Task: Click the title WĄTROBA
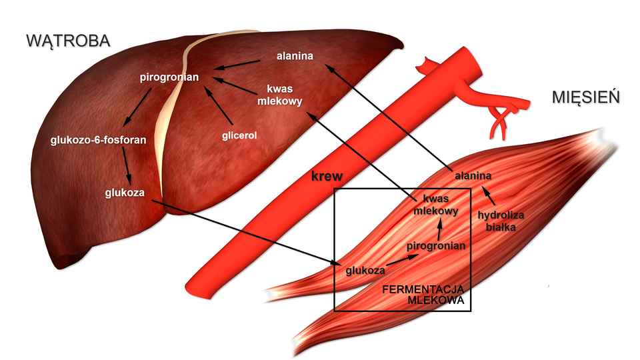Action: coord(67,40)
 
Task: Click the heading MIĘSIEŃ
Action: coord(586,97)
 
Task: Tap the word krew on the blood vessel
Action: coord(327,177)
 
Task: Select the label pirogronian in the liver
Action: coord(169,77)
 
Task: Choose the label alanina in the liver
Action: coord(295,56)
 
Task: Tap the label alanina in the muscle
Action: coord(473,176)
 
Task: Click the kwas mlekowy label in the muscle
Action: coord(435,205)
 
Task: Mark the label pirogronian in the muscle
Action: coord(436,245)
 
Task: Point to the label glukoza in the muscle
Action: coord(365,271)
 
